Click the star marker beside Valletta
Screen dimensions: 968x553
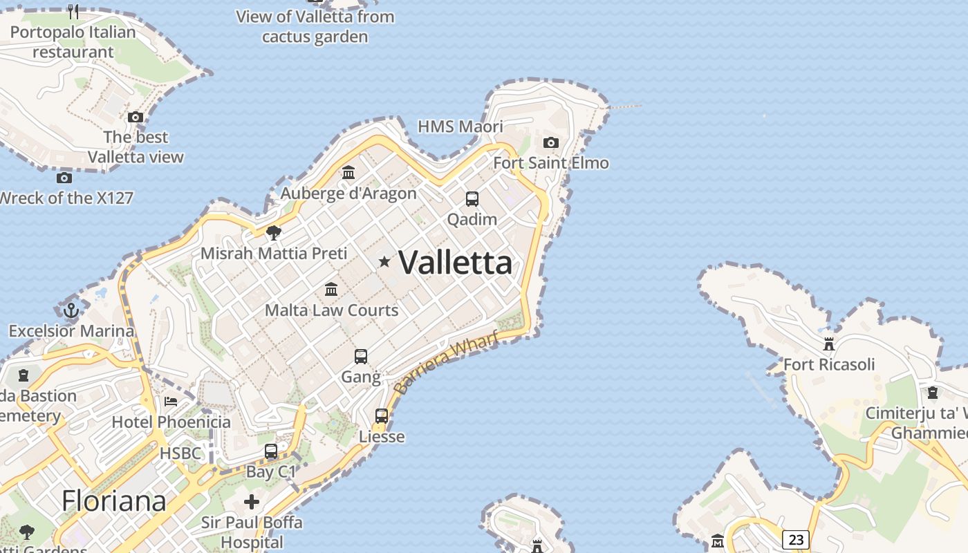384,261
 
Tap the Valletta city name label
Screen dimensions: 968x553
456,263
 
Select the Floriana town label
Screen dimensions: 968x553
114,501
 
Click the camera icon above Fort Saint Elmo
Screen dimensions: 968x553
551,143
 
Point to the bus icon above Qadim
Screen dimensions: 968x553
472,199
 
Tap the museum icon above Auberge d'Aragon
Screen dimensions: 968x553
348,172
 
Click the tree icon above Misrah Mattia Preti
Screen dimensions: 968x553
274,232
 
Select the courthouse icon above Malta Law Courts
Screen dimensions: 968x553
331,289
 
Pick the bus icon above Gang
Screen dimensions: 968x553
361,357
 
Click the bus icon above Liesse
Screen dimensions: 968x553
382,416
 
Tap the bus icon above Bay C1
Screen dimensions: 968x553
271,451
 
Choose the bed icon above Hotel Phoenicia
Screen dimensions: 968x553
171,401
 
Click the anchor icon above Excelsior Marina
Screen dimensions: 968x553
71,310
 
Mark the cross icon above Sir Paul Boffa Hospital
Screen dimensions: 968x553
252,501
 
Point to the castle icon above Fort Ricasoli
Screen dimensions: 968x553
829,344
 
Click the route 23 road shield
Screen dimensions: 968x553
796,539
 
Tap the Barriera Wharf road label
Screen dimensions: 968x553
445,363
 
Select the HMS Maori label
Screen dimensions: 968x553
460,126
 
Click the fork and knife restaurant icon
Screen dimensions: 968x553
73,11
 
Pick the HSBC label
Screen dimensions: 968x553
180,453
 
